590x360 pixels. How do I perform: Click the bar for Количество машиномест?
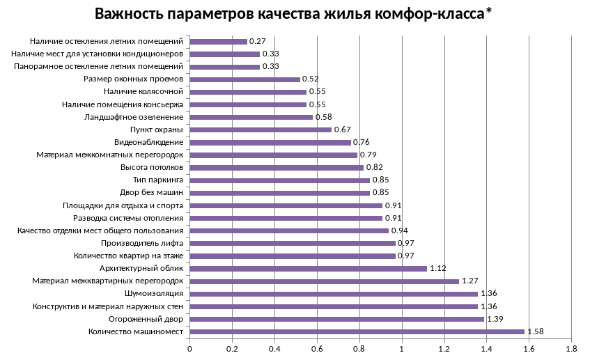357,331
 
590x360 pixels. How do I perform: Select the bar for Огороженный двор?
336,319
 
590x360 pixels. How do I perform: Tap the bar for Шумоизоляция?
334,294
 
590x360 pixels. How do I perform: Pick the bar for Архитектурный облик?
308,269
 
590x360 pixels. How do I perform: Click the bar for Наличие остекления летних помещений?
218,42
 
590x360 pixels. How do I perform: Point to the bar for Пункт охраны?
261,130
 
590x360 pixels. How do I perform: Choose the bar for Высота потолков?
277,168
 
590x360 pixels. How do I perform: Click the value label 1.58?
535,331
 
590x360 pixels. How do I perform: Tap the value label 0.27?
258,42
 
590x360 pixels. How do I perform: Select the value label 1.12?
437,269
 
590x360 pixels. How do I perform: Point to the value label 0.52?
311,79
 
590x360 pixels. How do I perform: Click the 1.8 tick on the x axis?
572,347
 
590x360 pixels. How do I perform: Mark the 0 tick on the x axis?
189,347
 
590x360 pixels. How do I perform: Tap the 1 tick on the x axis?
402,347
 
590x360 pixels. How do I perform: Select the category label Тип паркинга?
158,180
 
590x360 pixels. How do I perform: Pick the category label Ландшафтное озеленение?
134,117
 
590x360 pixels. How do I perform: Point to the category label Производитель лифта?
142,244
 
